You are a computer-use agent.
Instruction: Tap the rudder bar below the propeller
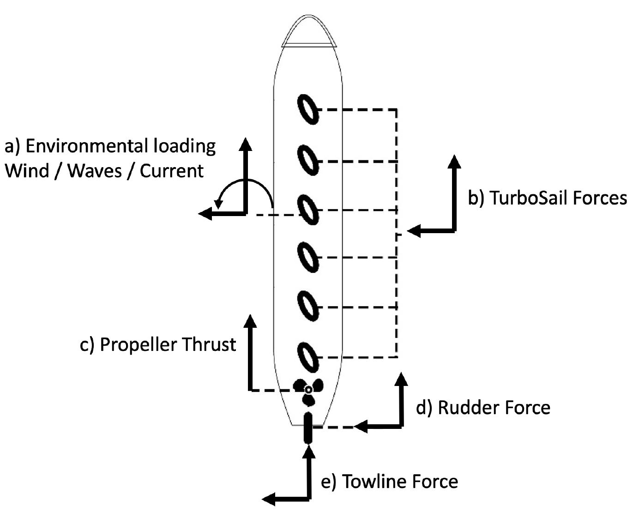click(x=307, y=428)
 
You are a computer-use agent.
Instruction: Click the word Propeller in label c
click(x=139, y=345)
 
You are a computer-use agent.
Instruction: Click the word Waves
click(x=95, y=171)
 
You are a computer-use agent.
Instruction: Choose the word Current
click(x=171, y=171)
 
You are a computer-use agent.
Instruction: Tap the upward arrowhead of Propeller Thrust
click(x=250, y=320)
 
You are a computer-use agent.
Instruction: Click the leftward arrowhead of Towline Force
click(x=268, y=499)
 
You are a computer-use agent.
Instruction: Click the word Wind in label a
click(x=27, y=171)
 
